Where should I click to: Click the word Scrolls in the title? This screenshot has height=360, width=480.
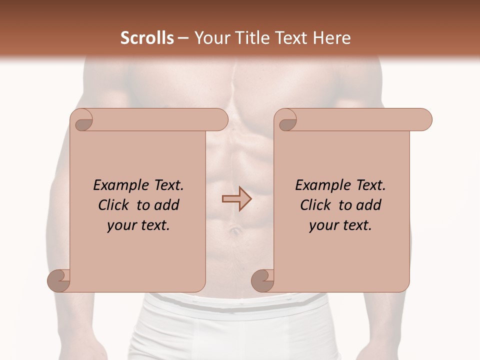147,38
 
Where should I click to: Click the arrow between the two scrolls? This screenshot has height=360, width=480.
236,199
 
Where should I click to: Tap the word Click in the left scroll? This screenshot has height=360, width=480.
114,205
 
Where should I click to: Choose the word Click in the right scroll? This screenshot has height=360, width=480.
316,205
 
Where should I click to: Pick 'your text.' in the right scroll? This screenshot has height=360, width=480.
340,225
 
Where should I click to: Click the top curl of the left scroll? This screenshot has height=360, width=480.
83,120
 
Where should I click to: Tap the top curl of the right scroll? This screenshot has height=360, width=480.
287,120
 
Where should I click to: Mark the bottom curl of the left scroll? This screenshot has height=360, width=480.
58,280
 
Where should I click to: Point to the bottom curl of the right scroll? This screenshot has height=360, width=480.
262,280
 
